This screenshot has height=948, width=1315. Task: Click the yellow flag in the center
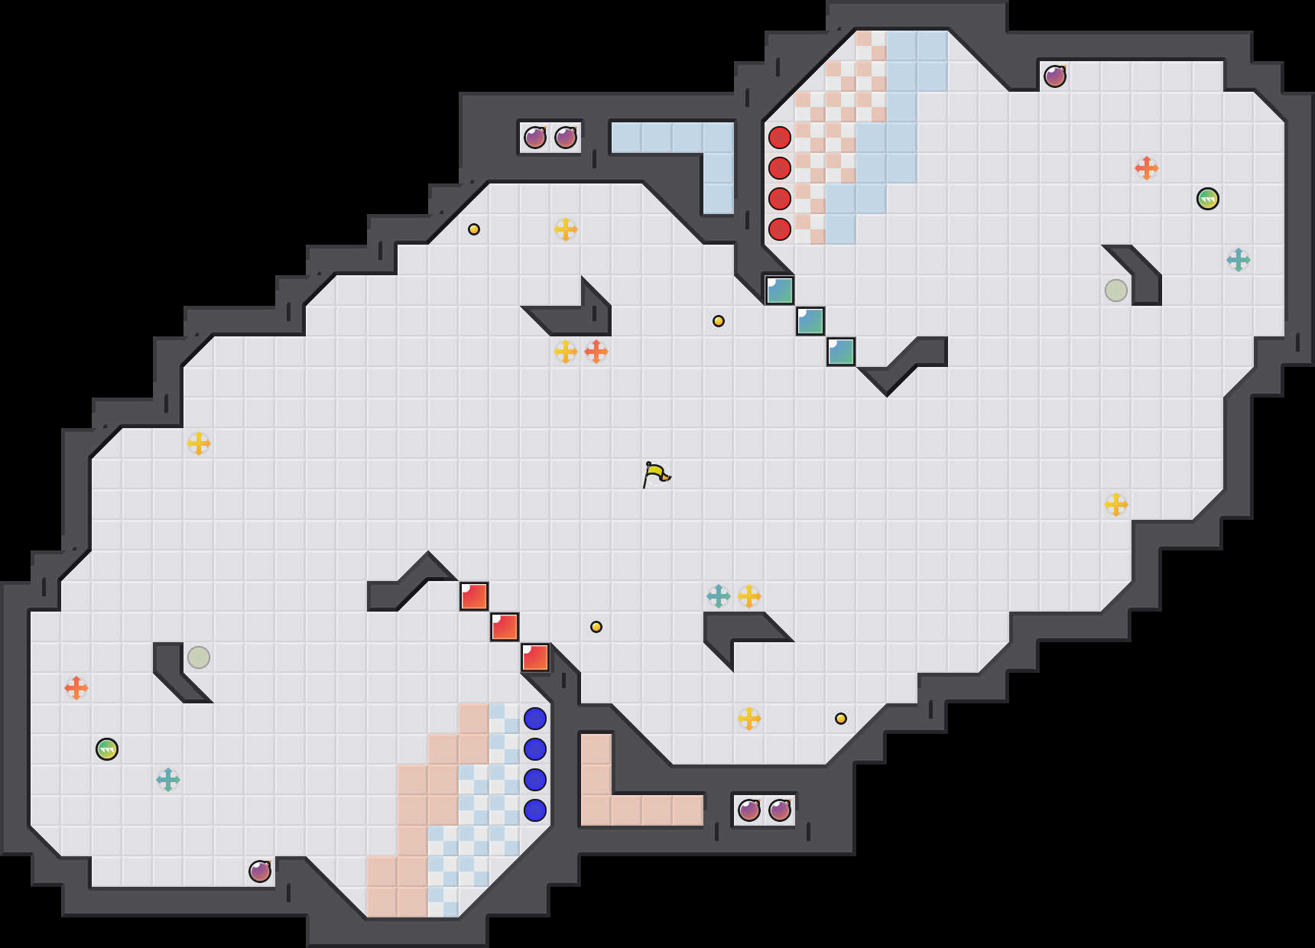pyautogui.click(x=656, y=474)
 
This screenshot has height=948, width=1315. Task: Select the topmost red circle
pyautogui.click(x=780, y=138)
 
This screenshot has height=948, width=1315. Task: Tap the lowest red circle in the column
pyautogui.click(x=780, y=229)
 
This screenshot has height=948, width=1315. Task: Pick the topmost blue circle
pyautogui.click(x=535, y=719)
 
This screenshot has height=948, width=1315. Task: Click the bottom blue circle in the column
pyautogui.click(x=535, y=810)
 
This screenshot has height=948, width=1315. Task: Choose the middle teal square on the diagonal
pyautogui.click(x=810, y=321)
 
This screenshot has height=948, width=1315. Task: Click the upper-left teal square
pyautogui.click(x=780, y=291)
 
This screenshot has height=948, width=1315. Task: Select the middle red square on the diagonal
pyautogui.click(x=505, y=627)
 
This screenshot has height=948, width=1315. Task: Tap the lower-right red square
pyautogui.click(x=535, y=657)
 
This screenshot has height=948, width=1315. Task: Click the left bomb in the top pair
pyautogui.click(x=535, y=138)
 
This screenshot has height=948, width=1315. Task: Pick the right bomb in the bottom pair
pyautogui.click(x=780, y=810)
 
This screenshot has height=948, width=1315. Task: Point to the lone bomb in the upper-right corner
pyautogui.click(x=1055, y=76)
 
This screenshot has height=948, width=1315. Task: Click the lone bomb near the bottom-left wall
pyautogui.click(x=260, y=872)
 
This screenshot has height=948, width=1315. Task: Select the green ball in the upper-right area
pyautogui.click(x=1208, y=199)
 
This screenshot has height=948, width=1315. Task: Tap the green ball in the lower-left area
pyautogui.click(x=107, y=749)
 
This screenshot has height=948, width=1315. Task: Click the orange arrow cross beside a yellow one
pyautogui.click(x=596, y=352)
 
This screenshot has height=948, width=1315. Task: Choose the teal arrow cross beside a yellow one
pyautogui.click(x=719, y=596)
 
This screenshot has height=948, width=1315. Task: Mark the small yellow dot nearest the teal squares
pyautogui.click(x=719, y=321)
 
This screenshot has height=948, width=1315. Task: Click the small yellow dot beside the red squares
pyautogui.click(x=596, y=627)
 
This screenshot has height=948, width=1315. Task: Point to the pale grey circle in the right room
pyautogui.click(x=1116, y=291)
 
